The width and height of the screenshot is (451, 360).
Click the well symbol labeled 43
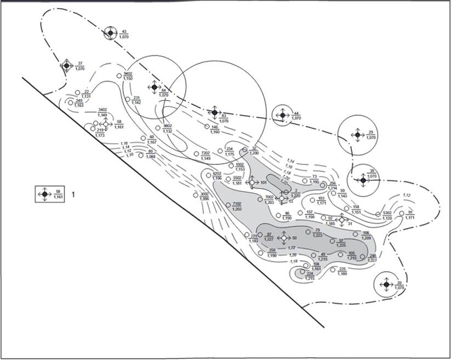[110, 33]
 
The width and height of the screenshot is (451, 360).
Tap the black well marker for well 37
[66, 66]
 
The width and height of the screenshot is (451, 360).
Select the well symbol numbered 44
[282, 115]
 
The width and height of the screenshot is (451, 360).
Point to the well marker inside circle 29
[357, 134]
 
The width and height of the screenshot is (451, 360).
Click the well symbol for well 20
[386, 284]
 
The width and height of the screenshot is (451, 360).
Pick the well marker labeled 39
[363, 179]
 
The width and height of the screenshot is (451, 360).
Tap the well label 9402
[128, 73]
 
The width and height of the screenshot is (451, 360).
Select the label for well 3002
[204, 195]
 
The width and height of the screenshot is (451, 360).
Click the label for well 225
[342, 269]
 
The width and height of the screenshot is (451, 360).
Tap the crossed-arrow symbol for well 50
[283, 238]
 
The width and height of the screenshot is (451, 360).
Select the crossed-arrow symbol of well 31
[341, 220]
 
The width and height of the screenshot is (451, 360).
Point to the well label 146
[215, 127]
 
